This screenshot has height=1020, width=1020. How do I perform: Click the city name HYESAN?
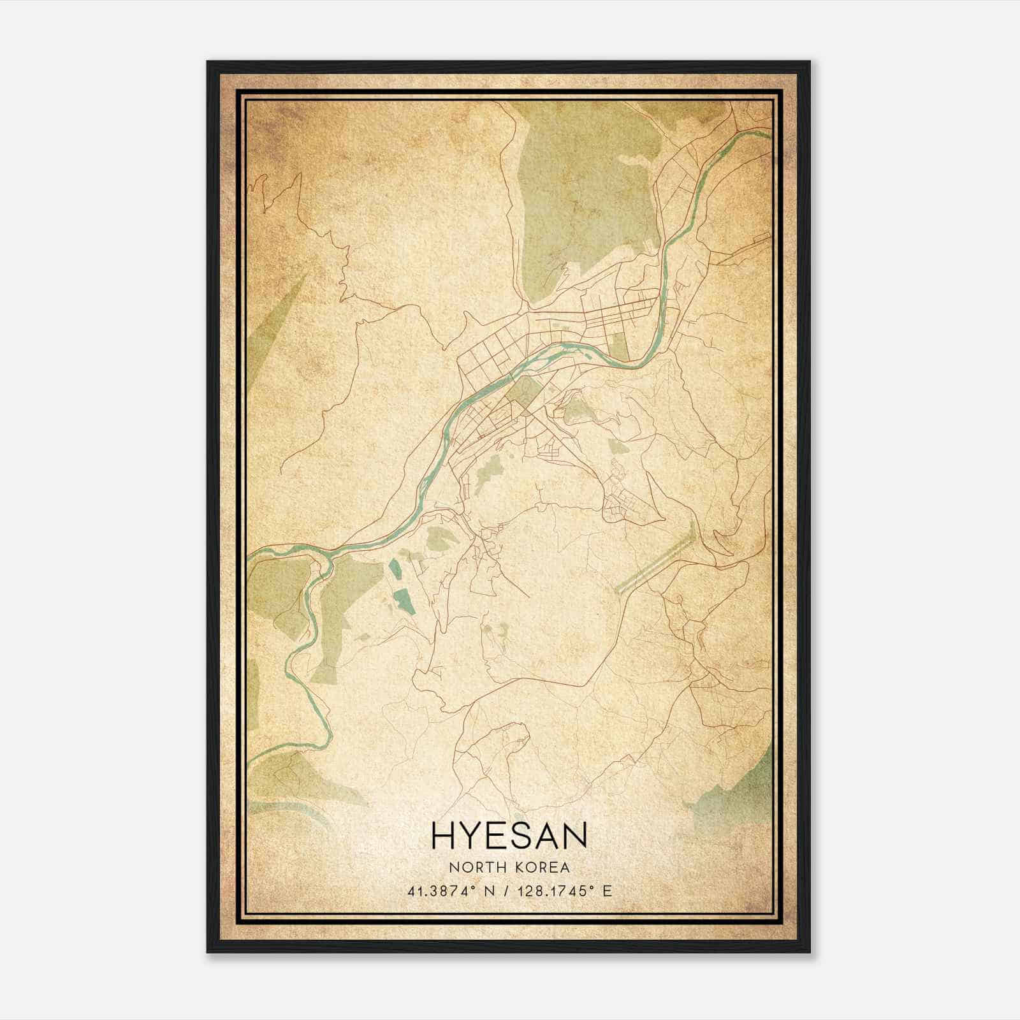pos(509,835)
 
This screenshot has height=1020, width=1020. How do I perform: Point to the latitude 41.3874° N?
pos(449,891)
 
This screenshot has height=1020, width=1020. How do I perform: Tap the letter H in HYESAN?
pos(444,835)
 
